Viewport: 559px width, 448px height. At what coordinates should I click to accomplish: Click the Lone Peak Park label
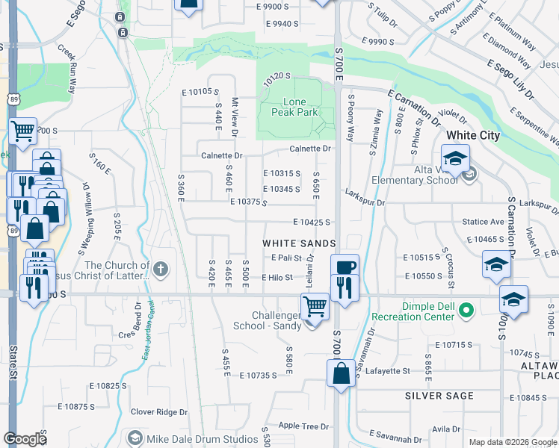coord(300,107)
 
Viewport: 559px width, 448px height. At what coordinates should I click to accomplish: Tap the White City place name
coord(473,136)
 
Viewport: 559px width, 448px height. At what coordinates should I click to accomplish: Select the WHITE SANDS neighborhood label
coord(292,243)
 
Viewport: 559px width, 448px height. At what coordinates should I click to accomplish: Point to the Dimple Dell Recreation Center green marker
coord(467,308)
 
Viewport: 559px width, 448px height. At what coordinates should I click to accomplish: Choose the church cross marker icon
coord(160,268)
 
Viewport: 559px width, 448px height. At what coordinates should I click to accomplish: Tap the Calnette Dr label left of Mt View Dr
coord(222,156)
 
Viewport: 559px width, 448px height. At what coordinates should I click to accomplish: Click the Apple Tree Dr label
coord(303,426)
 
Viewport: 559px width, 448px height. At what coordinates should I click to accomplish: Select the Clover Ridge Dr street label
coord(159,411)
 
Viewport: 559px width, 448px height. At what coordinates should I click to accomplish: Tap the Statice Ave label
coord(483,222)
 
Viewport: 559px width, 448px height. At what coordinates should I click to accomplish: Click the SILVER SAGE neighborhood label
coord(439,395)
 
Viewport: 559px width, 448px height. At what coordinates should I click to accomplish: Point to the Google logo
coord(25,438)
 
